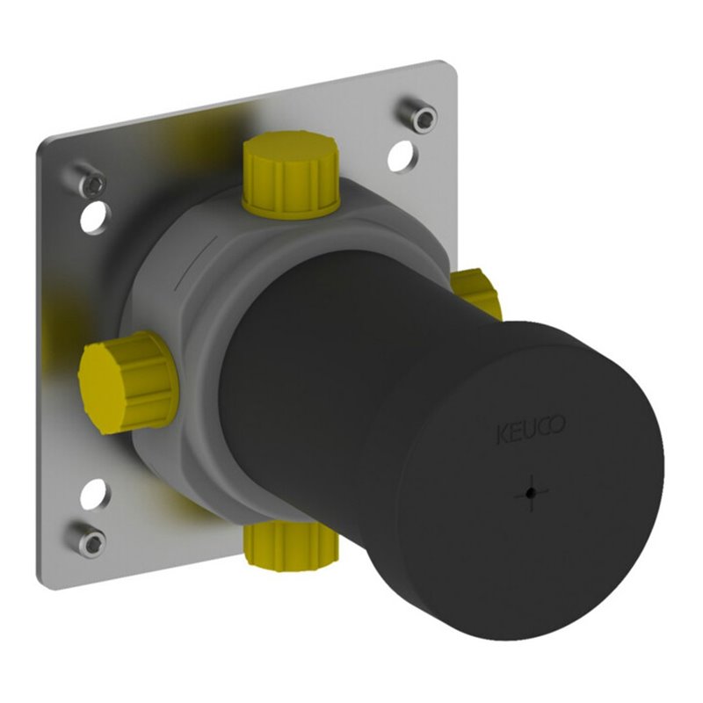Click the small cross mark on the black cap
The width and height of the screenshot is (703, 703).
[532, 493]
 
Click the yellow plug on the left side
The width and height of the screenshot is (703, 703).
[127, 382]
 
